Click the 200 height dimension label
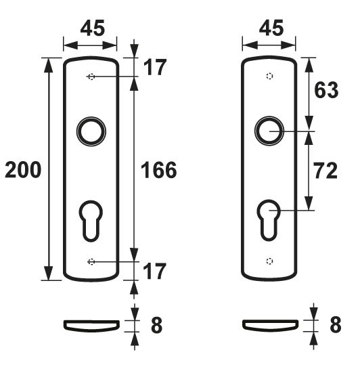[22, 170]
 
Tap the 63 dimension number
[327, 91]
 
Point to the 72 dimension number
[327, 171]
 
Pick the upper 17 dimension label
[155, 68]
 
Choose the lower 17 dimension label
[155, 272]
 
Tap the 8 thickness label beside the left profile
[156, 326]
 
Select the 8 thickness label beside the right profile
[336, 326]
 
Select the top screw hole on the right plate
[269, 77]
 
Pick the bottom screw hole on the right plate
[269, 261]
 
